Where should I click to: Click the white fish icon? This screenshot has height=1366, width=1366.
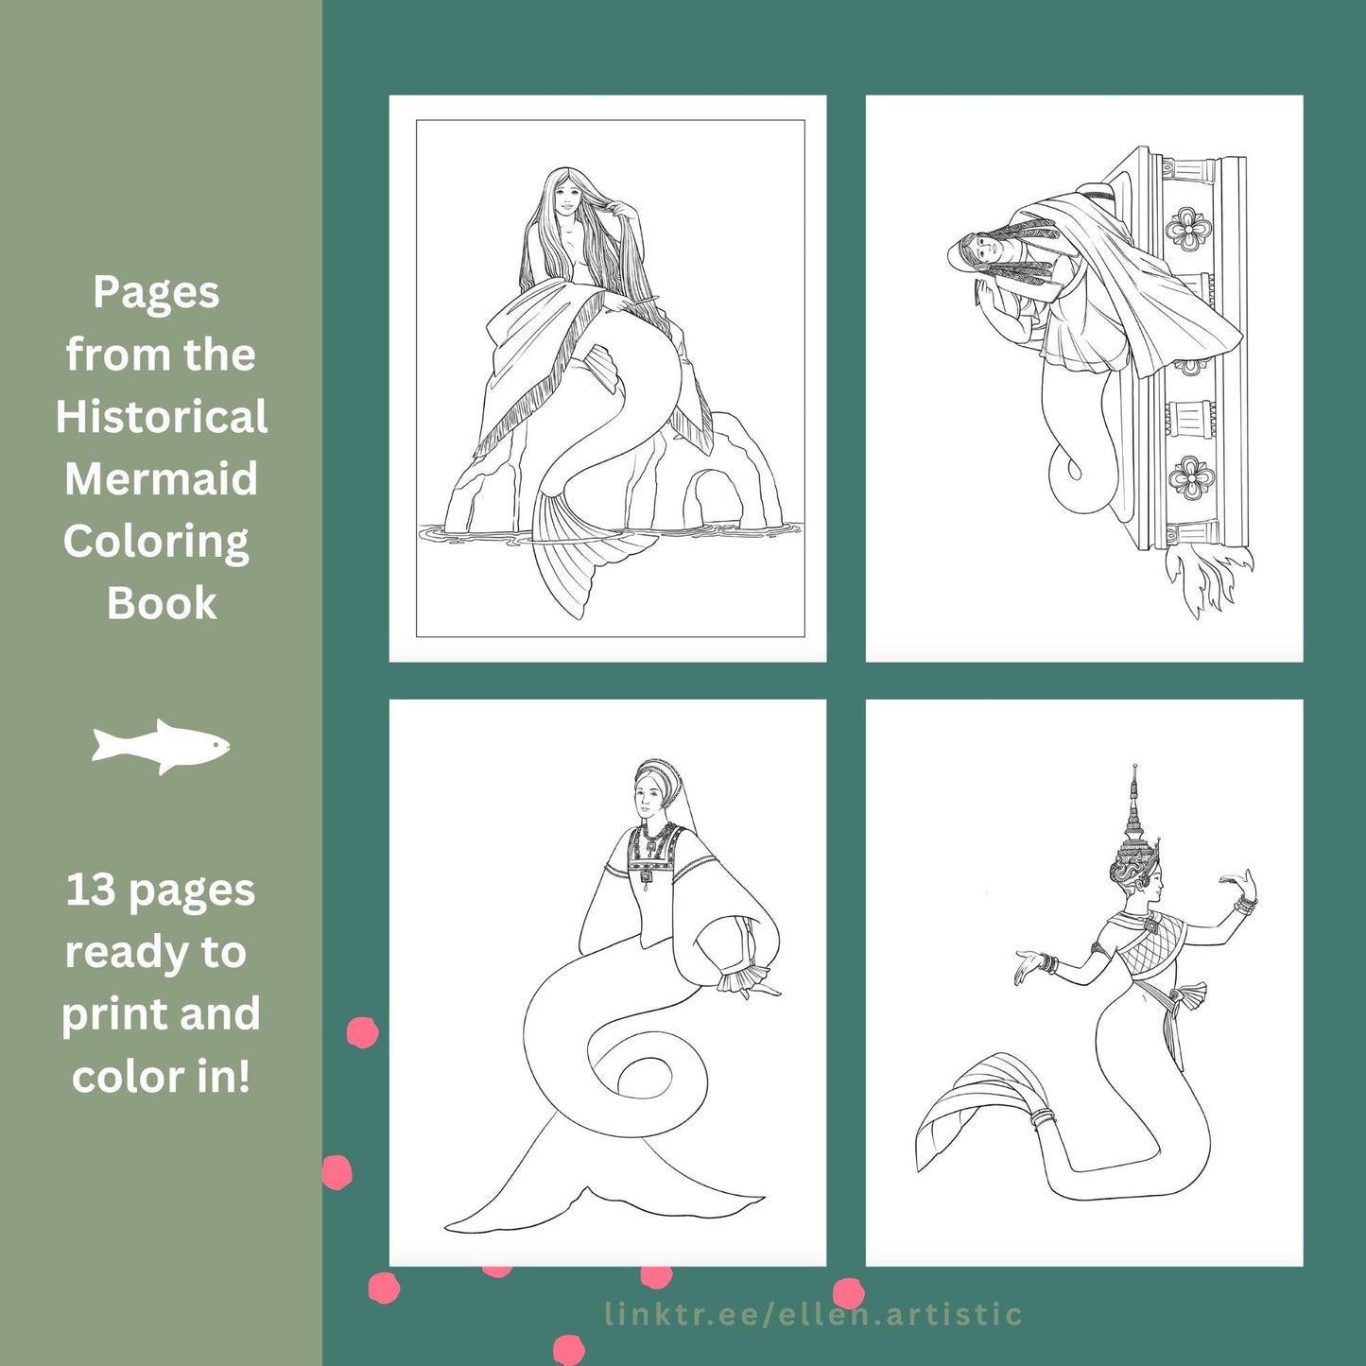pos(161,747)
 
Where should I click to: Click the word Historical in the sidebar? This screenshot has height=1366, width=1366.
pos(162,416)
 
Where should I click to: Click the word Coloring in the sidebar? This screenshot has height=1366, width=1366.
pos(156,543)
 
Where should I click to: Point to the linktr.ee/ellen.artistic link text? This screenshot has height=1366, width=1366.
pos(813,1314)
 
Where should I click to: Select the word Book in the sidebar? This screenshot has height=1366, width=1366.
pos(162,603)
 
